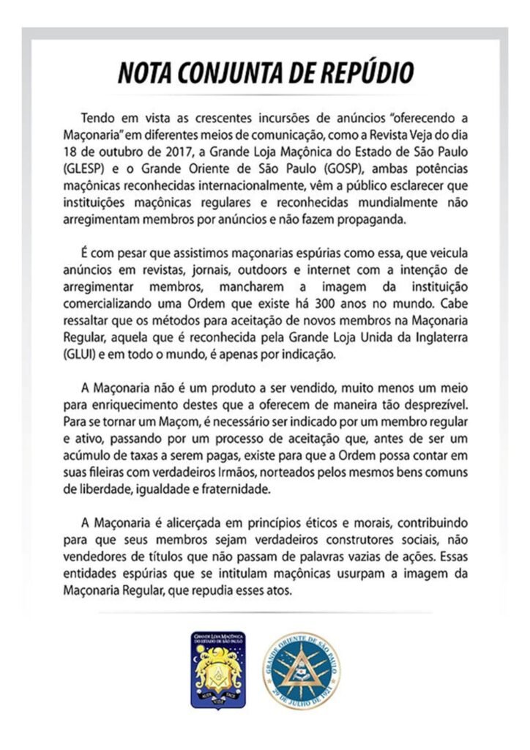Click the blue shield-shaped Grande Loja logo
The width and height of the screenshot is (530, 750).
pyautogui.click(x=217, y=668)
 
